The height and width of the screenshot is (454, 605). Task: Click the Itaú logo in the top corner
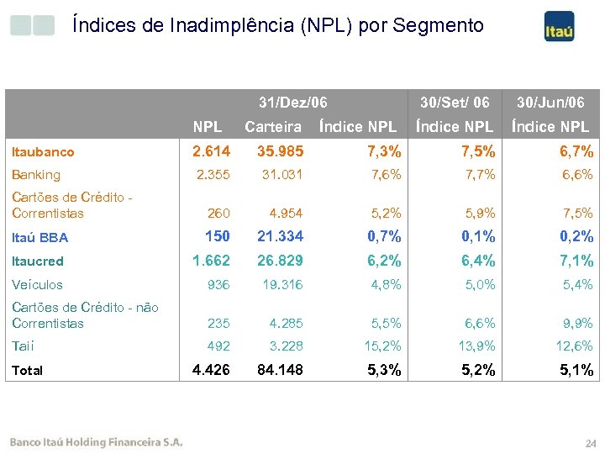pos(559,27)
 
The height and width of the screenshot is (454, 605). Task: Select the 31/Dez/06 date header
pos(292,103)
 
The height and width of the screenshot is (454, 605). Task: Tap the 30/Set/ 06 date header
pos(455,103)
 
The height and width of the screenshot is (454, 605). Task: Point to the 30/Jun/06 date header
pos(550,103)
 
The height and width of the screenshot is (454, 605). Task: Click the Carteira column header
pos(272,127)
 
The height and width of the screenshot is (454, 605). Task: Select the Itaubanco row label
pos(43,152)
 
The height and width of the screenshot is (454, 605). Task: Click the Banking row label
pos(35,175)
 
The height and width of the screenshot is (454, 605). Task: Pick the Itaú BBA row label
pos(39,238)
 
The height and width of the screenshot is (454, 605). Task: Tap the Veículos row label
pos(36,285)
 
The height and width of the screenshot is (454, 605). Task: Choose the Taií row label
pos(23,346)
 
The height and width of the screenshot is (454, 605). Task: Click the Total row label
pos(27,370)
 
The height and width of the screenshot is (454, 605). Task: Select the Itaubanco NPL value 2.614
pos(211,151)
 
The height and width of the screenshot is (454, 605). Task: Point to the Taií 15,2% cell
pos(384,346)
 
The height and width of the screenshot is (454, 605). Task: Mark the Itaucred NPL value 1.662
pos(211,261)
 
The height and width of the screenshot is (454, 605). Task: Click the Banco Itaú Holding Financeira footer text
pos(96,443)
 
